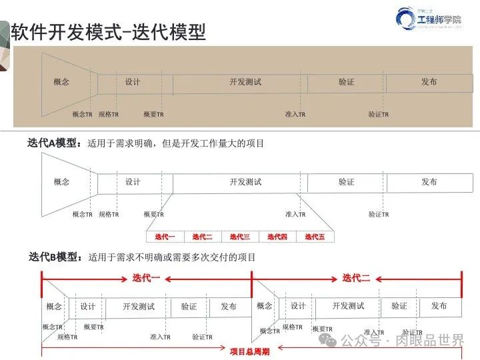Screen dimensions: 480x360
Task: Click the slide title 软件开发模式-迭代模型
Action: (x=109, y=31)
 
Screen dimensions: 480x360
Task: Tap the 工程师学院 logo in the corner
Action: (x=430, y=20)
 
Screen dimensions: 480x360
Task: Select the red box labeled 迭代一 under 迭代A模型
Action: (x=165, y=237)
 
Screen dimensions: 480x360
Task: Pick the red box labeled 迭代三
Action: (x=240, y=237)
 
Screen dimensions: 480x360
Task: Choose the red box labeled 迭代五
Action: (x=315, y=237)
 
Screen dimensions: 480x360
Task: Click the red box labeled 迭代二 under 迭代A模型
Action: (x=202, y=237)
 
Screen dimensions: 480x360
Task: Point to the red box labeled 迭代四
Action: (x=277, y=237)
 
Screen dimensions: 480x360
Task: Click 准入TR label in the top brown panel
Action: (x=295, y=114)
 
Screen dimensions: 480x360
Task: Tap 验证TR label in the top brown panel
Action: (x=378, y=114)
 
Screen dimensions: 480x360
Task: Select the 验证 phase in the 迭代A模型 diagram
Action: (x=346, y=181)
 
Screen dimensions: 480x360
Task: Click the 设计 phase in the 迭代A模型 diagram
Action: (x=133, y=181)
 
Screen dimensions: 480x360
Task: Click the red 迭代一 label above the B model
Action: (x=146, y=278)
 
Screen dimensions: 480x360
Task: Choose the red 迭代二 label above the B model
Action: (x=356, y=278)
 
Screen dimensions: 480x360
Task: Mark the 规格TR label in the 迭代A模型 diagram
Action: (x=109, y=214)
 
